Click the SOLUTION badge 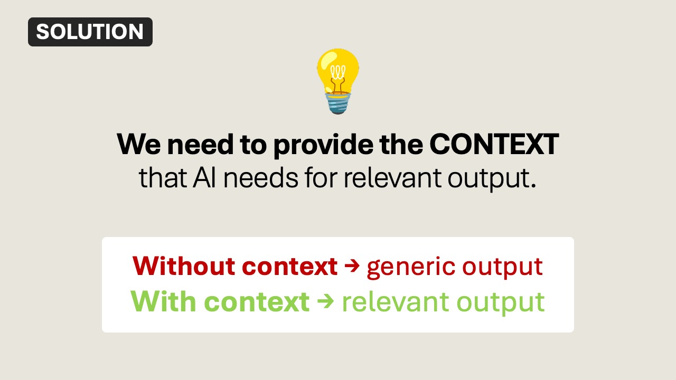(90, 32)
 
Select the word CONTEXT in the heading (494, 144)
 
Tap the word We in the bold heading (138, 144)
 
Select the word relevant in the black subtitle (393, 178)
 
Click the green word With (163, 301)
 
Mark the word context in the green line (257, 301)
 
